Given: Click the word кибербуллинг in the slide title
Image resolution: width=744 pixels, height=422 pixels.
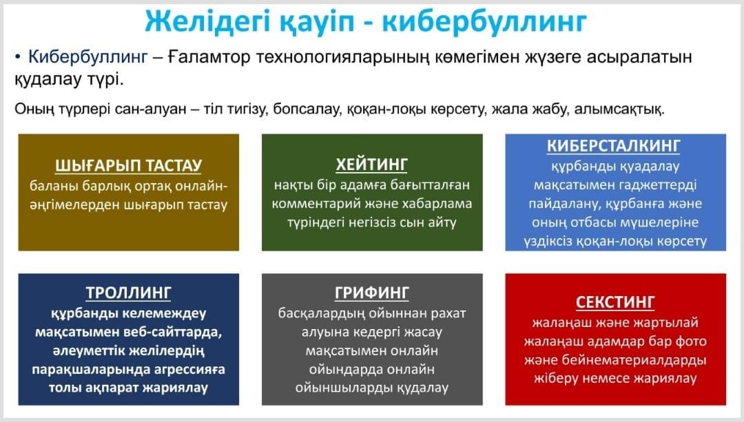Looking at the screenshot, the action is coord(484,22).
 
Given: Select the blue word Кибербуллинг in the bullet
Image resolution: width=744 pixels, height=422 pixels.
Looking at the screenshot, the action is coord(87,57).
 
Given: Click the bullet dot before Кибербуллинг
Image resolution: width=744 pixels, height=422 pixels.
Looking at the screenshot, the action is coord(17,57).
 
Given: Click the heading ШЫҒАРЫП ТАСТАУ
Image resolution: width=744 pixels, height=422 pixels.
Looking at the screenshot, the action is coord(129,165).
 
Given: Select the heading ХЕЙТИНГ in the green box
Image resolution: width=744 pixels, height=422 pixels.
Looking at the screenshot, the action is coord(372,165).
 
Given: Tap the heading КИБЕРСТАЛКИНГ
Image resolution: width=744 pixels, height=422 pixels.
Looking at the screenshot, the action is coord(614,145).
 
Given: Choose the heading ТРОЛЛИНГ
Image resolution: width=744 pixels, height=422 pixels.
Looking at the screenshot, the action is coord(128,293).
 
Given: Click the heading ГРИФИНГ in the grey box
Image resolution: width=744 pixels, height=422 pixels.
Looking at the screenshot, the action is coord(372,293).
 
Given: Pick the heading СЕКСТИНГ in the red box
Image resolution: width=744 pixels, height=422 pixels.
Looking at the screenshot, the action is coord(615,302).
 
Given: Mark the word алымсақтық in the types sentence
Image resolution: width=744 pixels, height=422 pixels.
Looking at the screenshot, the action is coord(619,109).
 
